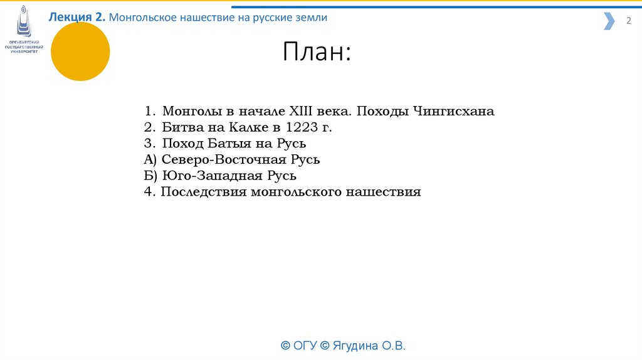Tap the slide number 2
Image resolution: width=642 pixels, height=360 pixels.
click(x=628, y=21)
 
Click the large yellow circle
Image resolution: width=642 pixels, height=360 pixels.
click(x=80, y=51)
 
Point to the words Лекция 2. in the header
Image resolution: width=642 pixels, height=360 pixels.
click(x=77, y=18)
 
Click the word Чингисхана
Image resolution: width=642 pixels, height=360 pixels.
click(x=453, y=112)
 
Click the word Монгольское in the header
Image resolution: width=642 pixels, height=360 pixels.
click(x=143, y=18)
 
